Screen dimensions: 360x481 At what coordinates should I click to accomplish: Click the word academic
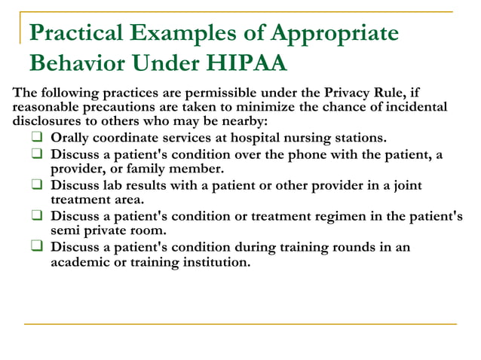pyautogui.click(x=81, y=262)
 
